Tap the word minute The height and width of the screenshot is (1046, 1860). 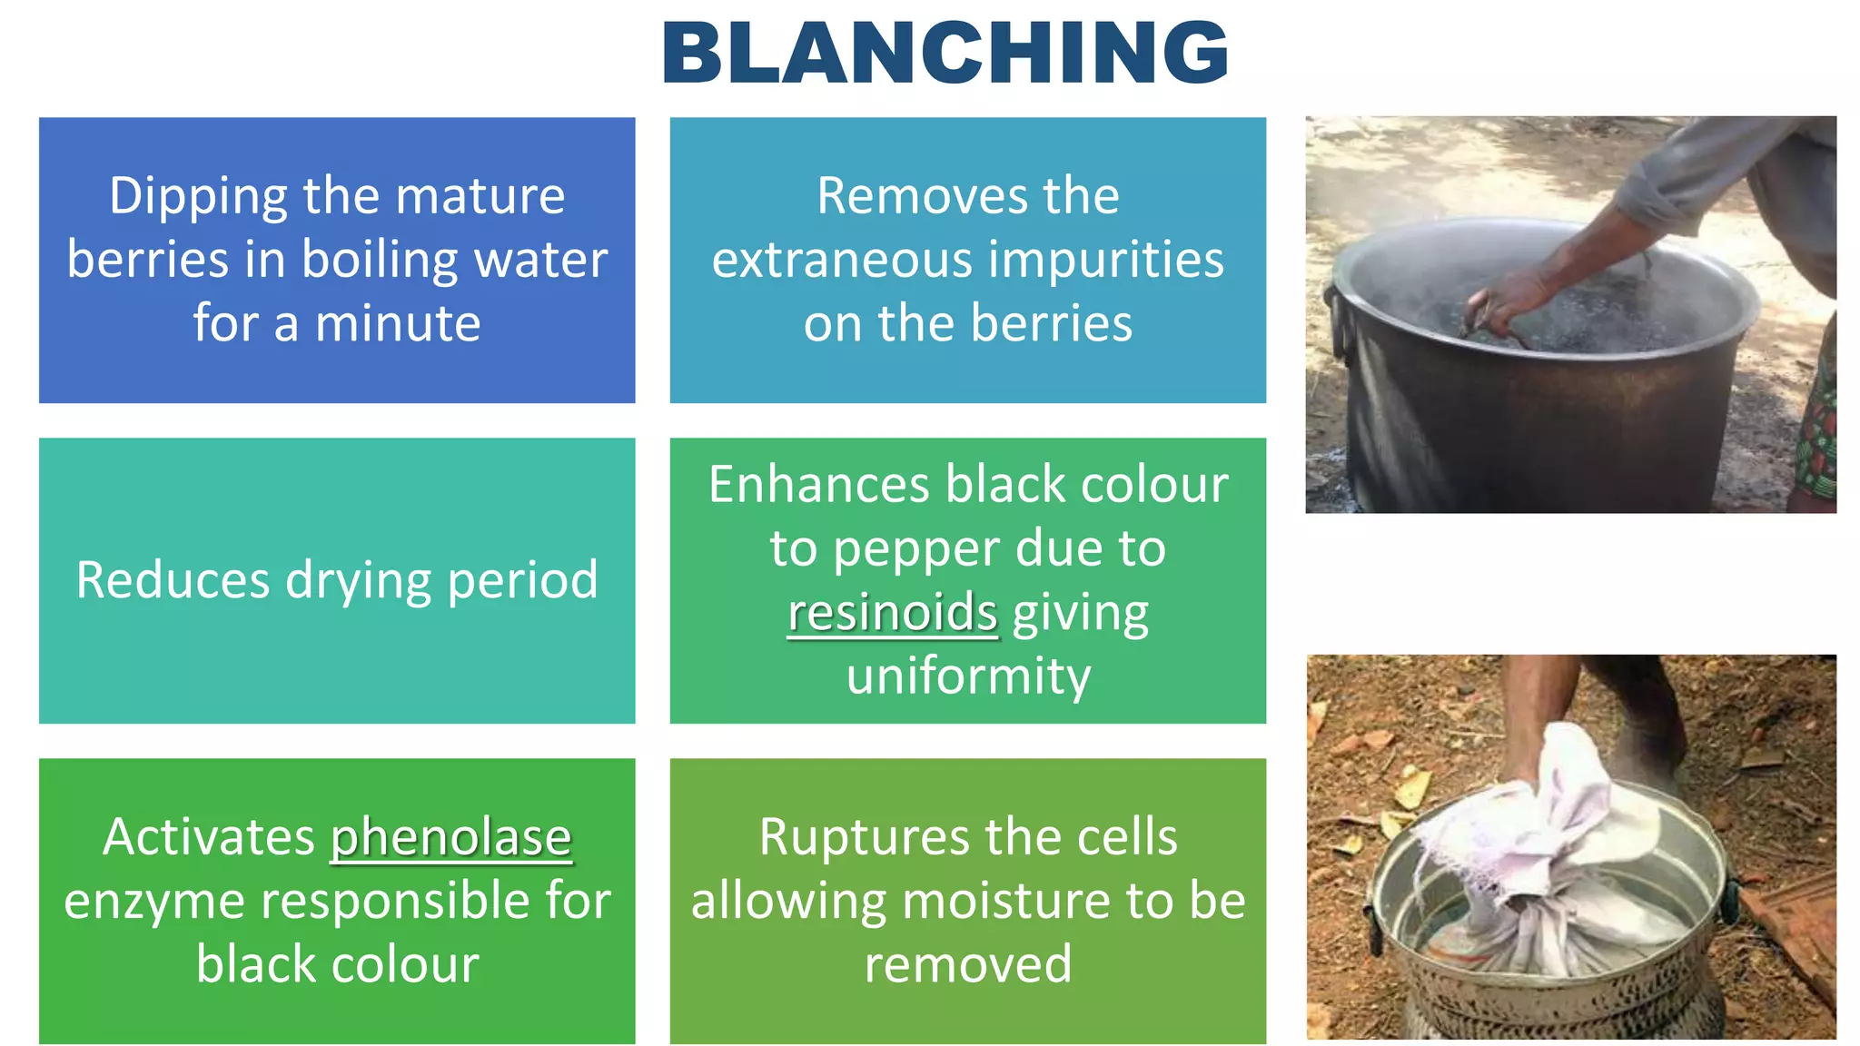(x=398, y=323)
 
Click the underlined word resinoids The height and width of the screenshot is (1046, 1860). (x=892, y=612)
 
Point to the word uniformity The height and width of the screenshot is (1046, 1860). (x=968, y=676)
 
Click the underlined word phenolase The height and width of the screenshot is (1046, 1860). (x=450, y=837)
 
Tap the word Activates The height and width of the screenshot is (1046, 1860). (x=209, y=837)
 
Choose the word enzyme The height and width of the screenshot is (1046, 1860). (x=154, y=902)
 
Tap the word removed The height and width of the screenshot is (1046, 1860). (x=968, y=964)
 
